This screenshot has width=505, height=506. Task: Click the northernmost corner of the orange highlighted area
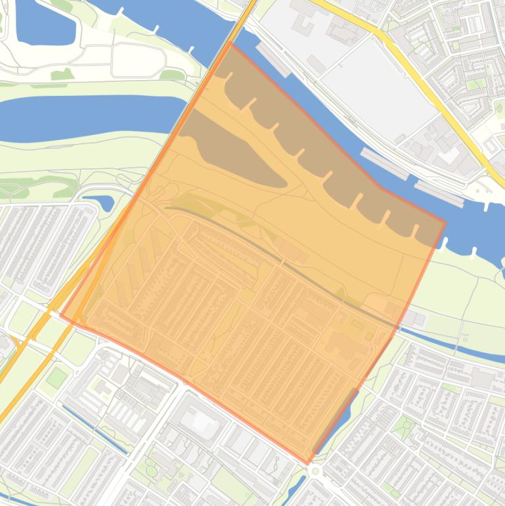[x=231, y=43]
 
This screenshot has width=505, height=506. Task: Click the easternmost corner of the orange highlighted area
[x=445, y=222]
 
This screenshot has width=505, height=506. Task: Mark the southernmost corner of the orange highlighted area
[x=307, y=463]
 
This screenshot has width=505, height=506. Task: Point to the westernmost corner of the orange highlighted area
[x=60, y=315]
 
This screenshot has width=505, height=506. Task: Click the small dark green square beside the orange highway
[x=57, y=377]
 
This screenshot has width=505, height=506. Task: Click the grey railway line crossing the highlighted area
[x=282, y=263]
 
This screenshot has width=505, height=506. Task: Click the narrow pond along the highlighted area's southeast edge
[x=335, y=421]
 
